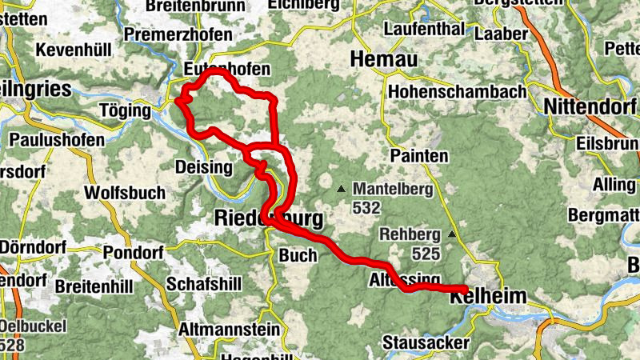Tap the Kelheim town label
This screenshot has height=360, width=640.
tap(489, 297)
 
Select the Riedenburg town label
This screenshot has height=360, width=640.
tap(269, 218)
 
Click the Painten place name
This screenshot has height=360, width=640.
tap(419, 156)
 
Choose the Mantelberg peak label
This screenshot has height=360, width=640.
tap(392, 190)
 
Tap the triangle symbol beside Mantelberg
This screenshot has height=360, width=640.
tap(342, 190)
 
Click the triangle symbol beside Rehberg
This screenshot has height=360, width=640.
tap(452, 234)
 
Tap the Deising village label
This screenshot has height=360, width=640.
tap(203, 167)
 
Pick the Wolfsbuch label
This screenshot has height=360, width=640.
tap(125, 193)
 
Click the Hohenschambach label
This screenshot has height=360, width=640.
tap(457, 91)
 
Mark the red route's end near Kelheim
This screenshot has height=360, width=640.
tap(465, 289)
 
